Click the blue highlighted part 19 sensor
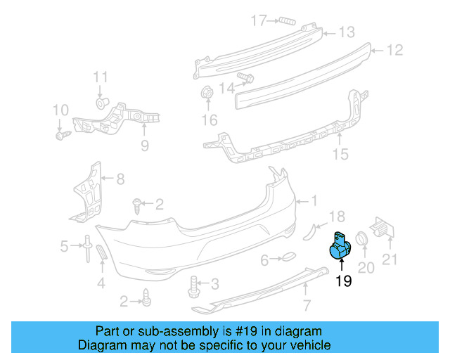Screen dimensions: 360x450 340,247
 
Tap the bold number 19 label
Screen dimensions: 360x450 343,282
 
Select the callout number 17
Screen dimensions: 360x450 259,20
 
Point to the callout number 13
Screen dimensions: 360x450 347,32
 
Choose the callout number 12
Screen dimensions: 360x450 394,50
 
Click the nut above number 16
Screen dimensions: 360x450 207,92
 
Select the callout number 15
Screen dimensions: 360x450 340,154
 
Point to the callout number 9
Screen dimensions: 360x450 144,146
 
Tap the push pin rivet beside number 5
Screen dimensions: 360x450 86,247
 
